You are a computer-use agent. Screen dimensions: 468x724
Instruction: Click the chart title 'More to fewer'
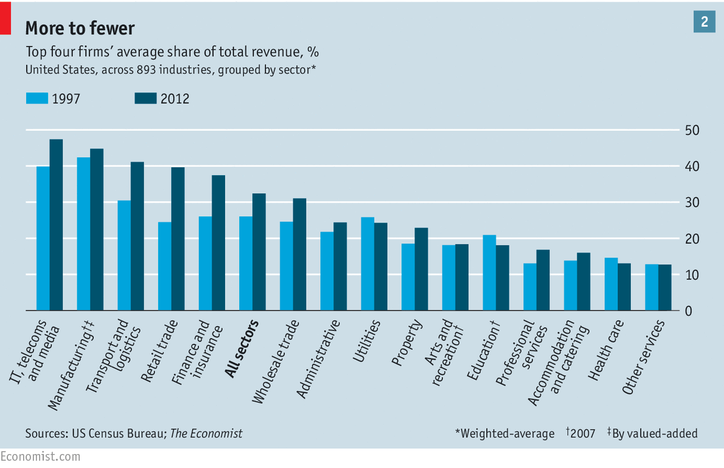point(80,28)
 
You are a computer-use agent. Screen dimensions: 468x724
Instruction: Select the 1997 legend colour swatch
point(37,98)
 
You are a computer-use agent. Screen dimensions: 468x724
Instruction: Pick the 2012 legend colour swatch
point(145,98)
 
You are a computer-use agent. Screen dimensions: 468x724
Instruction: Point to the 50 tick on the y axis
point(691,131)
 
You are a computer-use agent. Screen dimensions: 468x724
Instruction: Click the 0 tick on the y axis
point(687,311)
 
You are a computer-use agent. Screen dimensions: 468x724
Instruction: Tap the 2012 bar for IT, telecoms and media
point(56,225)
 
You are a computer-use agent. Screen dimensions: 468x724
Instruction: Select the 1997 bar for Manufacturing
point(83,234)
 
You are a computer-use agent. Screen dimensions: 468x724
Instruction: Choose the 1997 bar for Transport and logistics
point(124,255)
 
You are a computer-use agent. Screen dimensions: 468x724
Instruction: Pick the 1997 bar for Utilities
point(367,264)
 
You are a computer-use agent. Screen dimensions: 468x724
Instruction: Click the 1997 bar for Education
point(489,273)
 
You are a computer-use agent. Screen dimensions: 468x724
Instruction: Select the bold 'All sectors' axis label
point(242,349)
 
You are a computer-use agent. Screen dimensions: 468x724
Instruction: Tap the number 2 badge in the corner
point(705,22)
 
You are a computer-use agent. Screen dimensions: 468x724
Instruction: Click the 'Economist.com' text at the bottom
point(40,456)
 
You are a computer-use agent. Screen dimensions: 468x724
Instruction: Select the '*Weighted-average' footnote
point(504,433)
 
